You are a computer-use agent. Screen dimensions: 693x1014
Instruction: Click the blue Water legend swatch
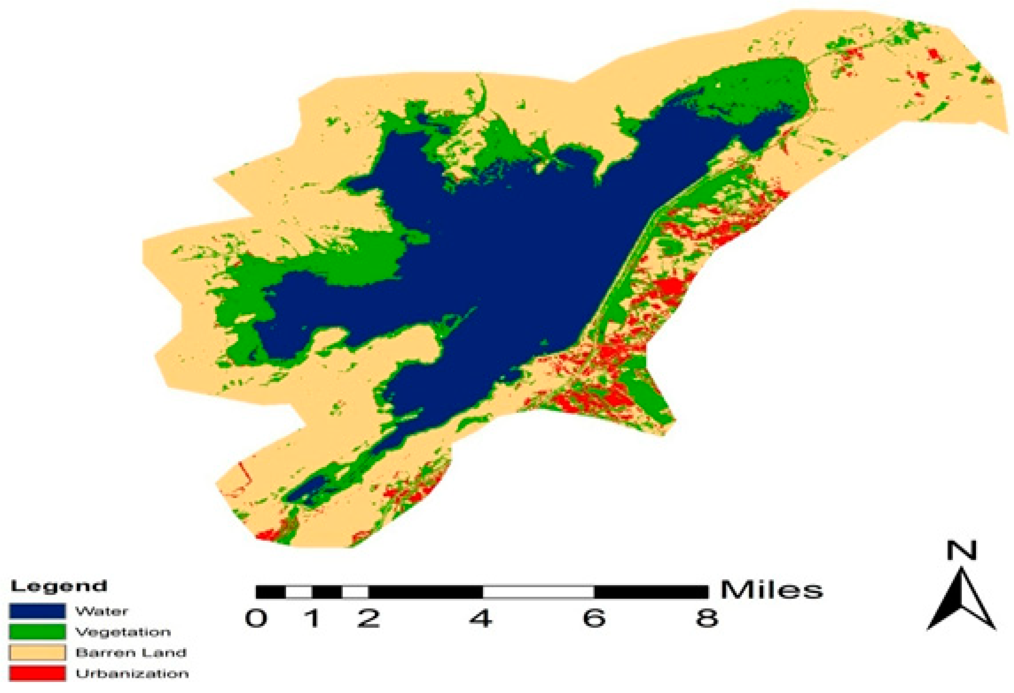pyautogui.click(x=37, y=611)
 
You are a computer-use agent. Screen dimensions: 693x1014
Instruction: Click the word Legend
pyautogui.click(x=59, y=586)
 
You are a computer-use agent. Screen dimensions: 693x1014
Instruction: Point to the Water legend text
pyautogui.click(x=102, y=611)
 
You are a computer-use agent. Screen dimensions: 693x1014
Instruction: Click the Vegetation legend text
pyautogui.click(x=123, y=632)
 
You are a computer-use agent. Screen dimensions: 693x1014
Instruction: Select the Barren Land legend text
pyautogui.click(x=131, y=653)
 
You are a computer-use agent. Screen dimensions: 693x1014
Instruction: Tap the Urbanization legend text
pyautogui.click(x=132, y=673)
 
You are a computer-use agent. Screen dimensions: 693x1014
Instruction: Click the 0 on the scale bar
pyautogui.click(x=256, y=618)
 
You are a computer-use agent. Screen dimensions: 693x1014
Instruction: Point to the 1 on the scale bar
pyautogui.click(x=313, y=618)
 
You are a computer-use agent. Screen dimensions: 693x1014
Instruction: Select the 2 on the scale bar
pyautogui.click(x=369, y=618)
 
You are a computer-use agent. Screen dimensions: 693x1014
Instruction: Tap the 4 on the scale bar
pyautogui.click(x=481, y=618)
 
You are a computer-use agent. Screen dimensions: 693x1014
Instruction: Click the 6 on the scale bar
pyautogui.click(x=594, y=618)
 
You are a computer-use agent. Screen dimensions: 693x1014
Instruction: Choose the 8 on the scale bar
pyautogui.click(x=707, y=618)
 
